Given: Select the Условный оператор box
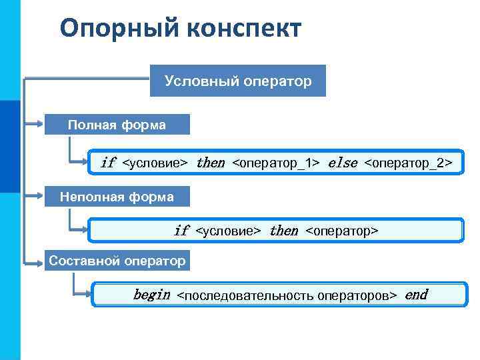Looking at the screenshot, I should click(x=237, y=81).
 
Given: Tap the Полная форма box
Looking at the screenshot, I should click(x=117, y=125).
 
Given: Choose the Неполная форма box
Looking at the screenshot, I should click(x=117, y=197).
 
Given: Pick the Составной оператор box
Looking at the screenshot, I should click(x=117, y=261).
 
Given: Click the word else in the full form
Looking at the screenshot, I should click(x=343, y=163).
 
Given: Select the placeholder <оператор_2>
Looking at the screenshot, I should click(x=409, y=163).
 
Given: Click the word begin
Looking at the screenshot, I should click(x=151, y=295).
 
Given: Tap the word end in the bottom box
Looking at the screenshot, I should click(x=416, y=295).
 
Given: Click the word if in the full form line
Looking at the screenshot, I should click(x=108, y=163).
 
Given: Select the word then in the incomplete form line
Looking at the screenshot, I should click(x=283, y=231).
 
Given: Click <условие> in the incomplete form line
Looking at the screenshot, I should click(x=228, y=231).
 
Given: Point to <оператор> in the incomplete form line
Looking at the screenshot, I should click(x=341, y=231).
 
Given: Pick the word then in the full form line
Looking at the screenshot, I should click(x=211, y=163).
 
